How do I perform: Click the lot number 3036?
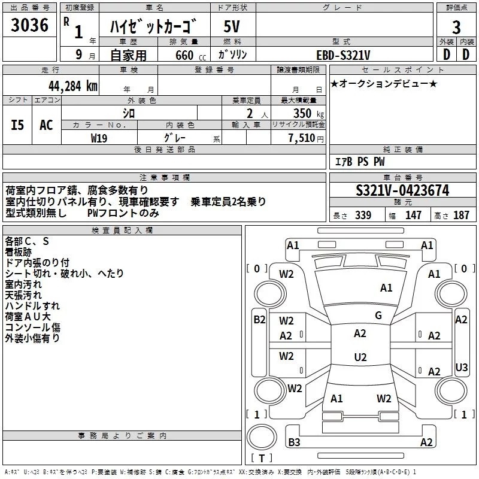click(30, 25)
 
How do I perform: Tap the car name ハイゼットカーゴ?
click(154, 27)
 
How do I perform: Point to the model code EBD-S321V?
click(342, 54)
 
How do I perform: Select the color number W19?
click(99, 137)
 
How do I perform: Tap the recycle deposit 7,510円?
click(306, 138)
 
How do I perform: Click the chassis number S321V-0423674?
click(402, 190)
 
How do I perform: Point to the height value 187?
click(462, 216)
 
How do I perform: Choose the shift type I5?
click(17, 125)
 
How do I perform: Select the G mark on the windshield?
click(378, 316)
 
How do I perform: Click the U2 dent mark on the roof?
click(360, 357)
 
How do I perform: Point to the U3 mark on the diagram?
click(461, 367)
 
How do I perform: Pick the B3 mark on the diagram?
click(295, 442)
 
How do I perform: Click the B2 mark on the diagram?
click(259, 319)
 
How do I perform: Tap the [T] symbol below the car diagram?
click(262, 459)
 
